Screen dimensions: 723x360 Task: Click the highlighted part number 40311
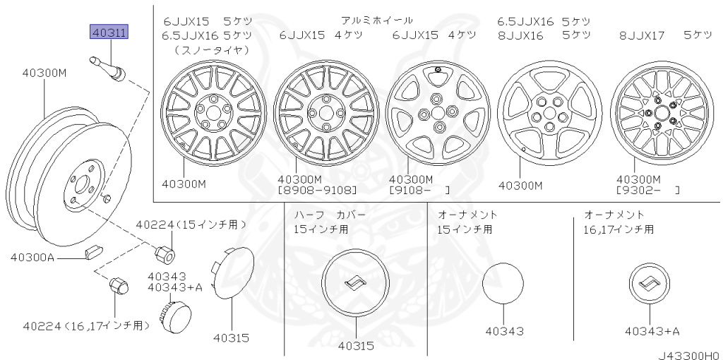click(109, 32)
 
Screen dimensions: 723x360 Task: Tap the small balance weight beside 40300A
click(94, 253)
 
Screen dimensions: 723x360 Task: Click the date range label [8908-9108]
click(317, 190)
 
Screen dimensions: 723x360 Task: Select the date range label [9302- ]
click(647, 190)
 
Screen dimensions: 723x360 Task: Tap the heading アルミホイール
click(377, 20)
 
